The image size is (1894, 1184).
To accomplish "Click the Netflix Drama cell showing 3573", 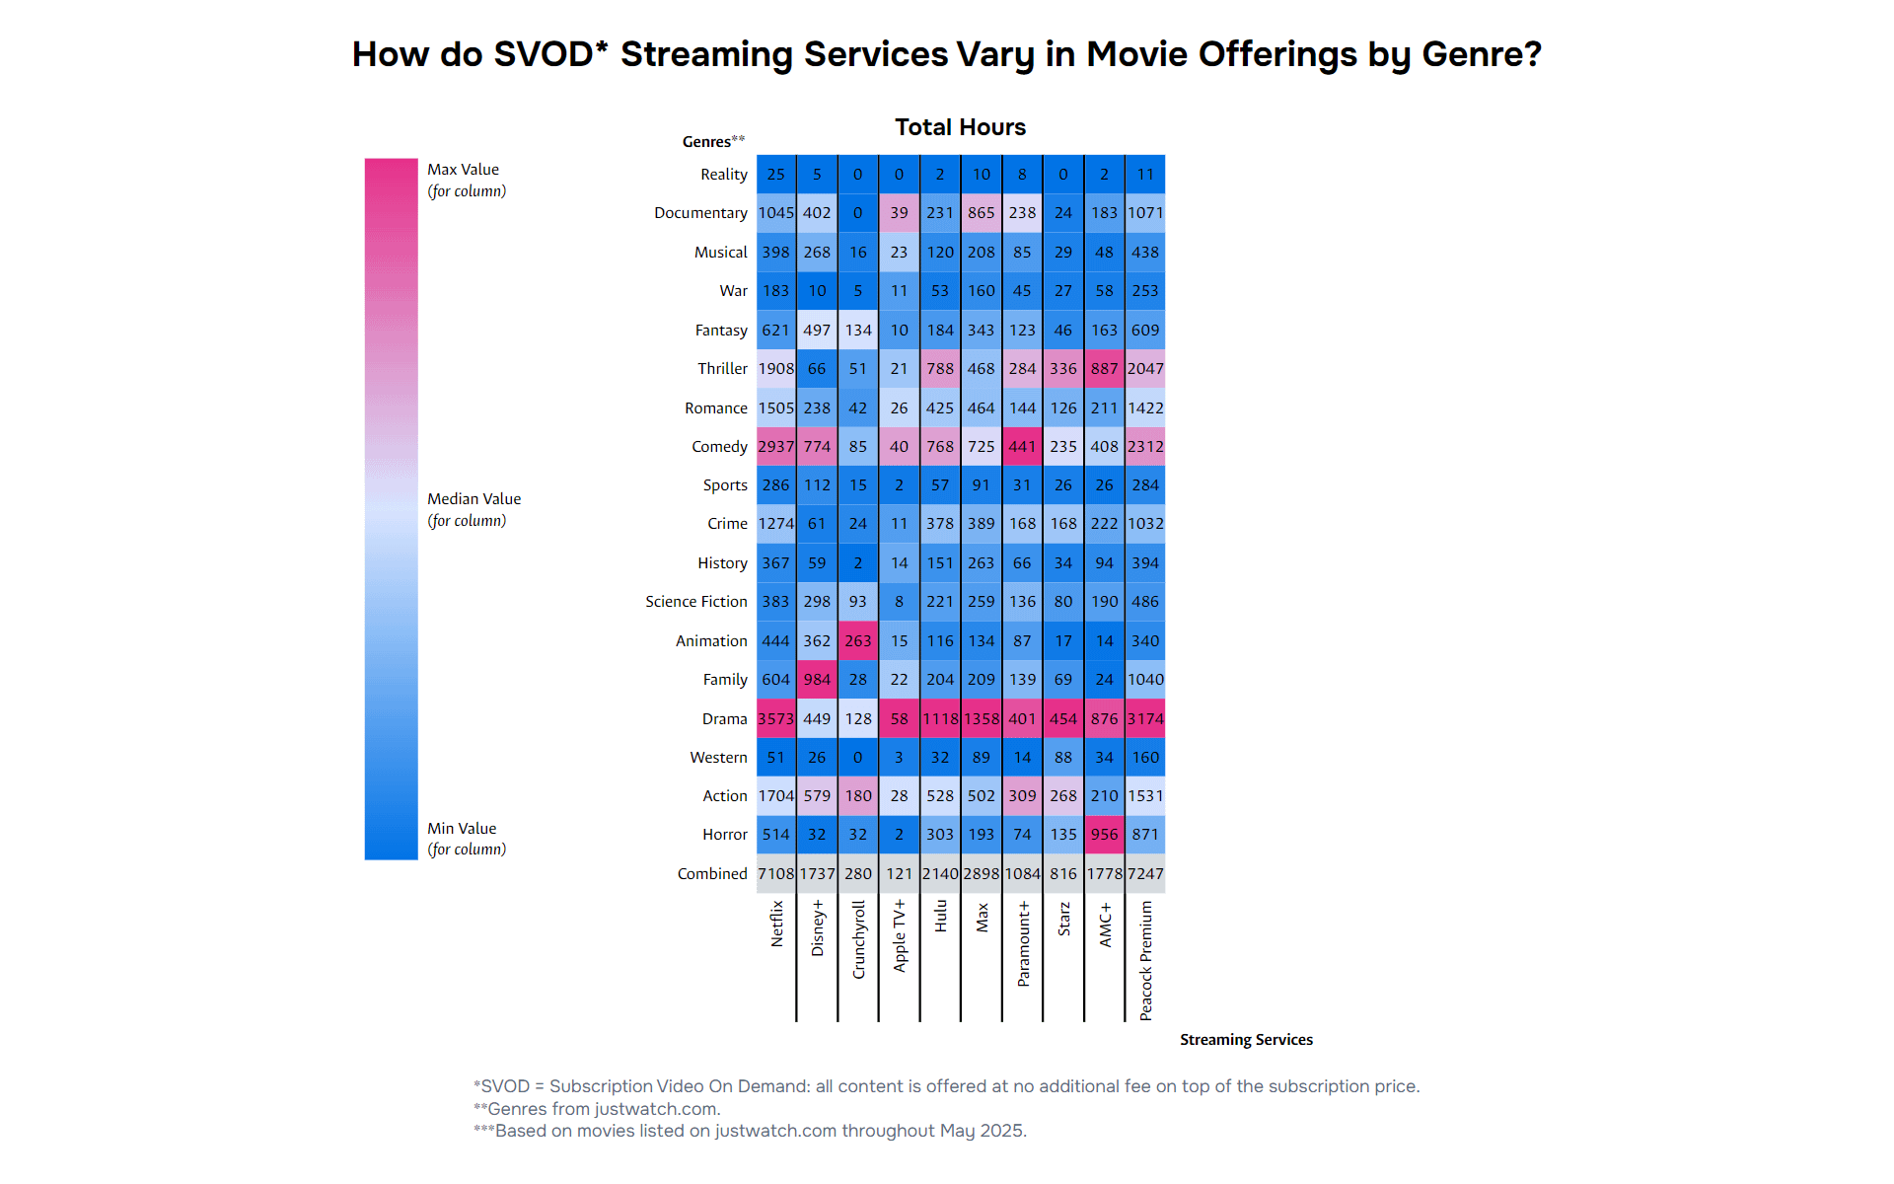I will click(775, 718).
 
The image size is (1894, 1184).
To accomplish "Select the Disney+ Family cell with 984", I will click(817, 679).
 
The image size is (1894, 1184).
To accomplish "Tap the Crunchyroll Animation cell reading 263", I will click(858, 640).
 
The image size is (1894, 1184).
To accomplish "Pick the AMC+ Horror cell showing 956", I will click(1104, 835).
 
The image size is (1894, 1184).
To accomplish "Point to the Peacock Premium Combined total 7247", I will click(1145, 873).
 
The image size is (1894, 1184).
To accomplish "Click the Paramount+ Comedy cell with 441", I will click(1022, 446).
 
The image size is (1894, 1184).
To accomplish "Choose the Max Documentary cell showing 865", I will click(981, 212).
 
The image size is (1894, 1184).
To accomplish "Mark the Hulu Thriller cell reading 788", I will click(940, 368).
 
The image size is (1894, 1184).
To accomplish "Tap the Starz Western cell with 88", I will click(1062, 757).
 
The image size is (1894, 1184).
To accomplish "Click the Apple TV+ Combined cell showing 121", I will click(899, 873).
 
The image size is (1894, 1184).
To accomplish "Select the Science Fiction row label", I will click(695, 601).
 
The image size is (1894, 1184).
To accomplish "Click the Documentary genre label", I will click(700, 212).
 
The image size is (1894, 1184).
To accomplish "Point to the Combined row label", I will click(712, 873).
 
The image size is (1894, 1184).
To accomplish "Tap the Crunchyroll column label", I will click(858, 938).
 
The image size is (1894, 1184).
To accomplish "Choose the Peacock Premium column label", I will click(1145, 959).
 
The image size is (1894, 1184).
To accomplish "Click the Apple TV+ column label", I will click(899, 934).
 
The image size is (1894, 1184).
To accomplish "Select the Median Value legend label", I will click(473, 499).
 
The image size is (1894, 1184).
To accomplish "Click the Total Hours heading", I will click(960, 127).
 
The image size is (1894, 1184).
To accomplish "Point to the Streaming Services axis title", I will click(1246, 1039).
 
